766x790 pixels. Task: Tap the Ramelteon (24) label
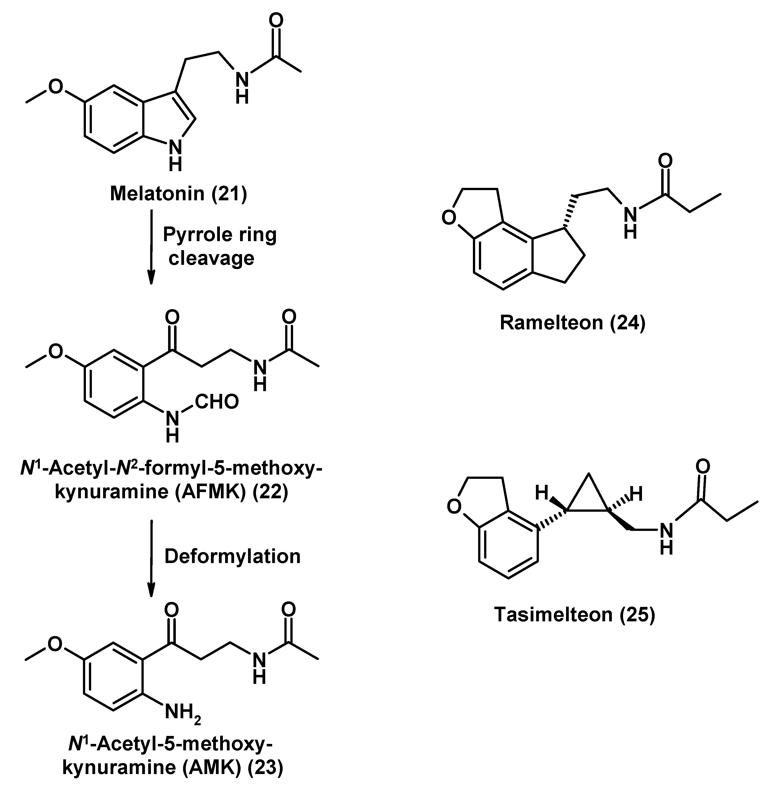573,323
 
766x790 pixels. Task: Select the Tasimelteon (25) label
574,615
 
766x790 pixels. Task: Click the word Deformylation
233,556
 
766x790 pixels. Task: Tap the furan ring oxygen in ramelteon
449,218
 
